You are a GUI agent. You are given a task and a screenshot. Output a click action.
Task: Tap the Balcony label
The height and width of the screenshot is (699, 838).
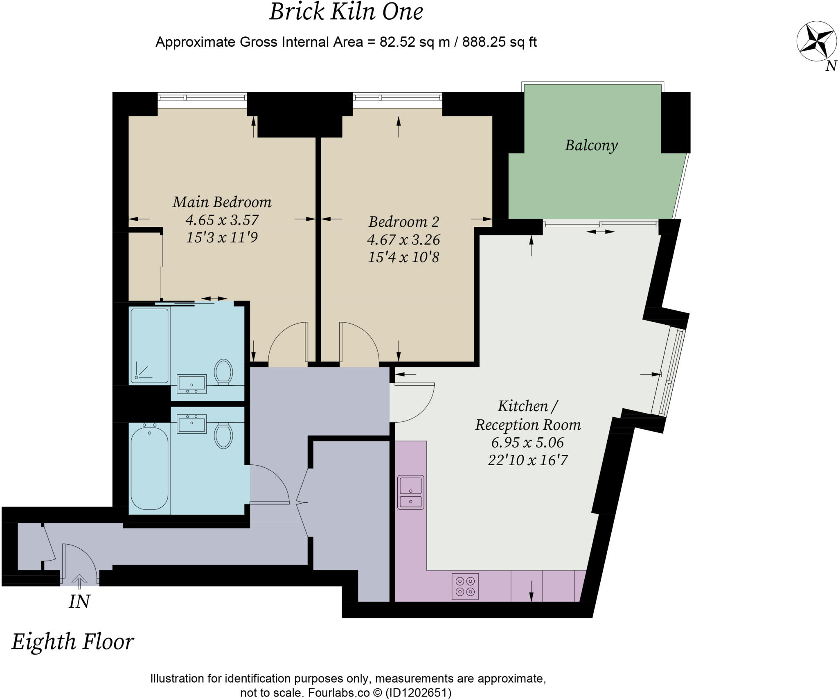click(591, 145)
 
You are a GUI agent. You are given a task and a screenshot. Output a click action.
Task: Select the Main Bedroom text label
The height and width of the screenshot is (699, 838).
click(222, 202)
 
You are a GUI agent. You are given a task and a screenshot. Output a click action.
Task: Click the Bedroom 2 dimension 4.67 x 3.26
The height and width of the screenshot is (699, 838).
click(403, 239)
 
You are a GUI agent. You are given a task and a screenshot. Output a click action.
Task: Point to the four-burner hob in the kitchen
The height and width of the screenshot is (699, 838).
click(465, 586)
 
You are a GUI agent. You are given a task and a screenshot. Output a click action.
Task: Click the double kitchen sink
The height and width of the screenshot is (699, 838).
click(410, 492)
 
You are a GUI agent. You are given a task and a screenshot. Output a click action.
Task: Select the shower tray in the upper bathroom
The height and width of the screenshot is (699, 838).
click(149, 346)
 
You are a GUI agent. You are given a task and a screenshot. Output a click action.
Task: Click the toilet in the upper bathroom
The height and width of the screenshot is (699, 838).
click(223, 371)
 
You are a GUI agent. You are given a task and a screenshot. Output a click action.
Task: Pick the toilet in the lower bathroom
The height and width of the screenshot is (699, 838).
click(223, 436)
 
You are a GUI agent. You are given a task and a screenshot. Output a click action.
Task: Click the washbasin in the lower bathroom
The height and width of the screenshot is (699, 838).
click(191, 423)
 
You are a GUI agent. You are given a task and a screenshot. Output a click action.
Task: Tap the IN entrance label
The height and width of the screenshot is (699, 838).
click(79, 602)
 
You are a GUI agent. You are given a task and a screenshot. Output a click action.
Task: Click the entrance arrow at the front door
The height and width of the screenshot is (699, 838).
click(79, 581)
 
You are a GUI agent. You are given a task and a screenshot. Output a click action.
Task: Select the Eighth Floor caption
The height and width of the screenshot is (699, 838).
click(72, 642)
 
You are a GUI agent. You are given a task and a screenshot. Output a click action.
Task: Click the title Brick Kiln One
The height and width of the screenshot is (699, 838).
click(346, 12)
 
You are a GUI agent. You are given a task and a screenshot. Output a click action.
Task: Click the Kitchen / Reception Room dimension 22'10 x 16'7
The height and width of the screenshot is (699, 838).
click(527, 460)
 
